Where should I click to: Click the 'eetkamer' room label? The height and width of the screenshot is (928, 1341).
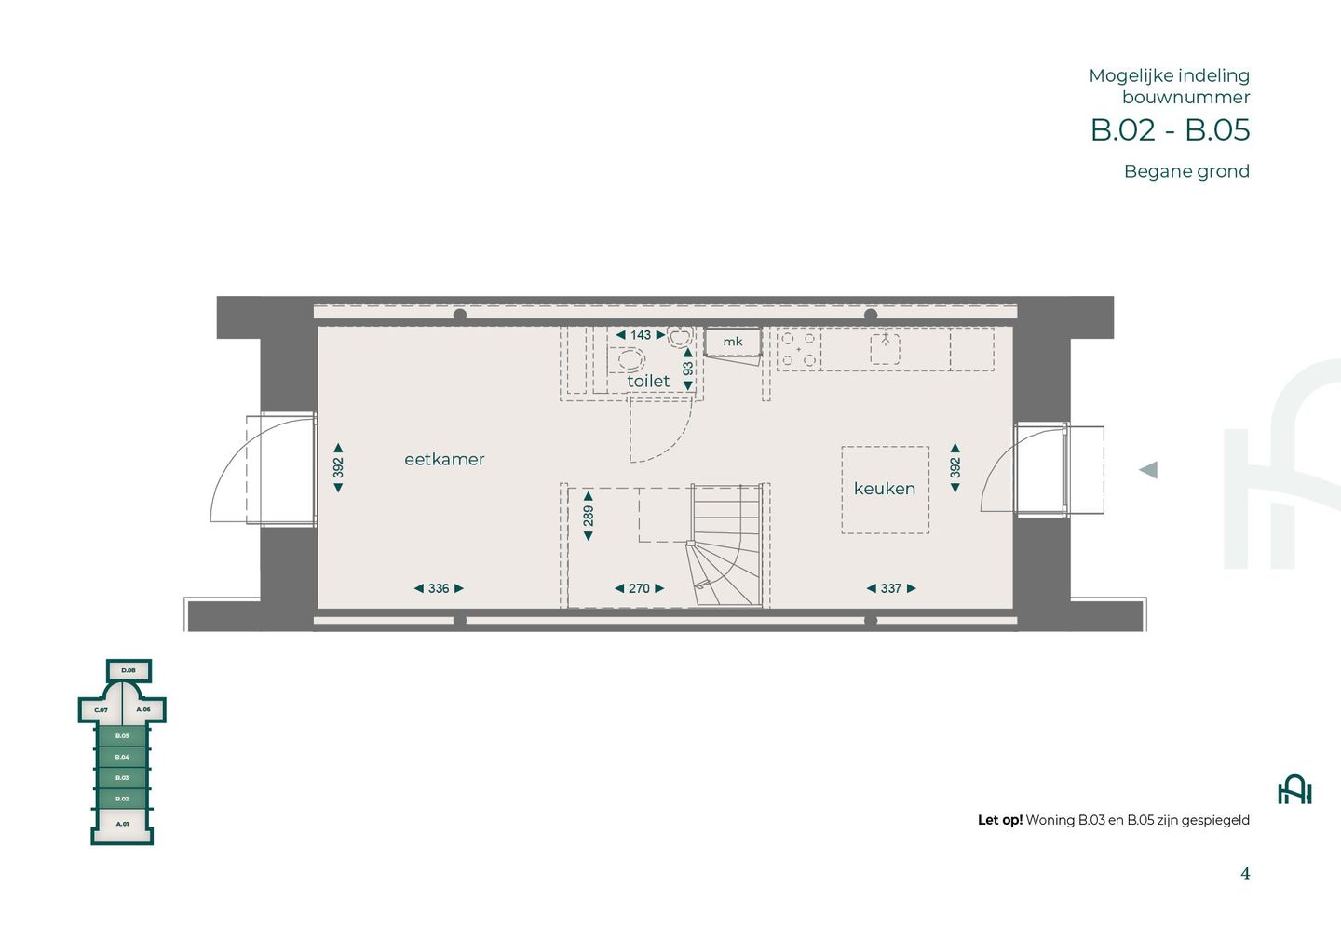[x=444, y=459]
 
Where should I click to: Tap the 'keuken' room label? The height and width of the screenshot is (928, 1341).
[x=884, y=489]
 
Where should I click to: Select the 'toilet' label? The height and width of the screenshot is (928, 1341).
[x=648, y=381]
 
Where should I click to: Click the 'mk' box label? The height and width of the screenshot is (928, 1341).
[x=733, y=342]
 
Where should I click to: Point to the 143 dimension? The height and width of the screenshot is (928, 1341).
[x=641, y=335]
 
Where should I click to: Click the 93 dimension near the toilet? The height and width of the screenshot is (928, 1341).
[x=688, y=368]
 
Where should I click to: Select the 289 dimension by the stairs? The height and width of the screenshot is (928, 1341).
[x=589, y=516]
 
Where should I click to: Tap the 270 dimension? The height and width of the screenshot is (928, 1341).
[x=639, y=588]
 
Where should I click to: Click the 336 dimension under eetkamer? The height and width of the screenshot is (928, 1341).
[x=439, y=588]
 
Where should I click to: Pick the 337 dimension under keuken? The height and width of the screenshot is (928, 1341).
[x=891, y=588]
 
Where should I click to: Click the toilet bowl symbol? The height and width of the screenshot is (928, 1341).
[x=630, y=359]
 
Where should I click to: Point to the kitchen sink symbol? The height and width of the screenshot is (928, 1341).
[x=885, y=348]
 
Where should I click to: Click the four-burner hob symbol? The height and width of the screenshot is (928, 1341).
[x=799, y=349]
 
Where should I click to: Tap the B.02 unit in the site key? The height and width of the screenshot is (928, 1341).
[x=122, y=799]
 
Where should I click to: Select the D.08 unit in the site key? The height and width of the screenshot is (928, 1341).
[x=129, y=670]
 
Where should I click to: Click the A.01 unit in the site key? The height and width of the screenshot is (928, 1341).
[x=122, y=824]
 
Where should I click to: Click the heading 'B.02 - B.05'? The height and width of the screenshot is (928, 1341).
[x=1170, y=129]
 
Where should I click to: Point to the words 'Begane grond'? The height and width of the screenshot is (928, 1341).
[x=1186, y=171]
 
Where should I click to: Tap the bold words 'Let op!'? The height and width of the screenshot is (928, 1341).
[x=999, y=820]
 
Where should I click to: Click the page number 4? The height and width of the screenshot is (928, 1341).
[x=1245, y=873]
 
